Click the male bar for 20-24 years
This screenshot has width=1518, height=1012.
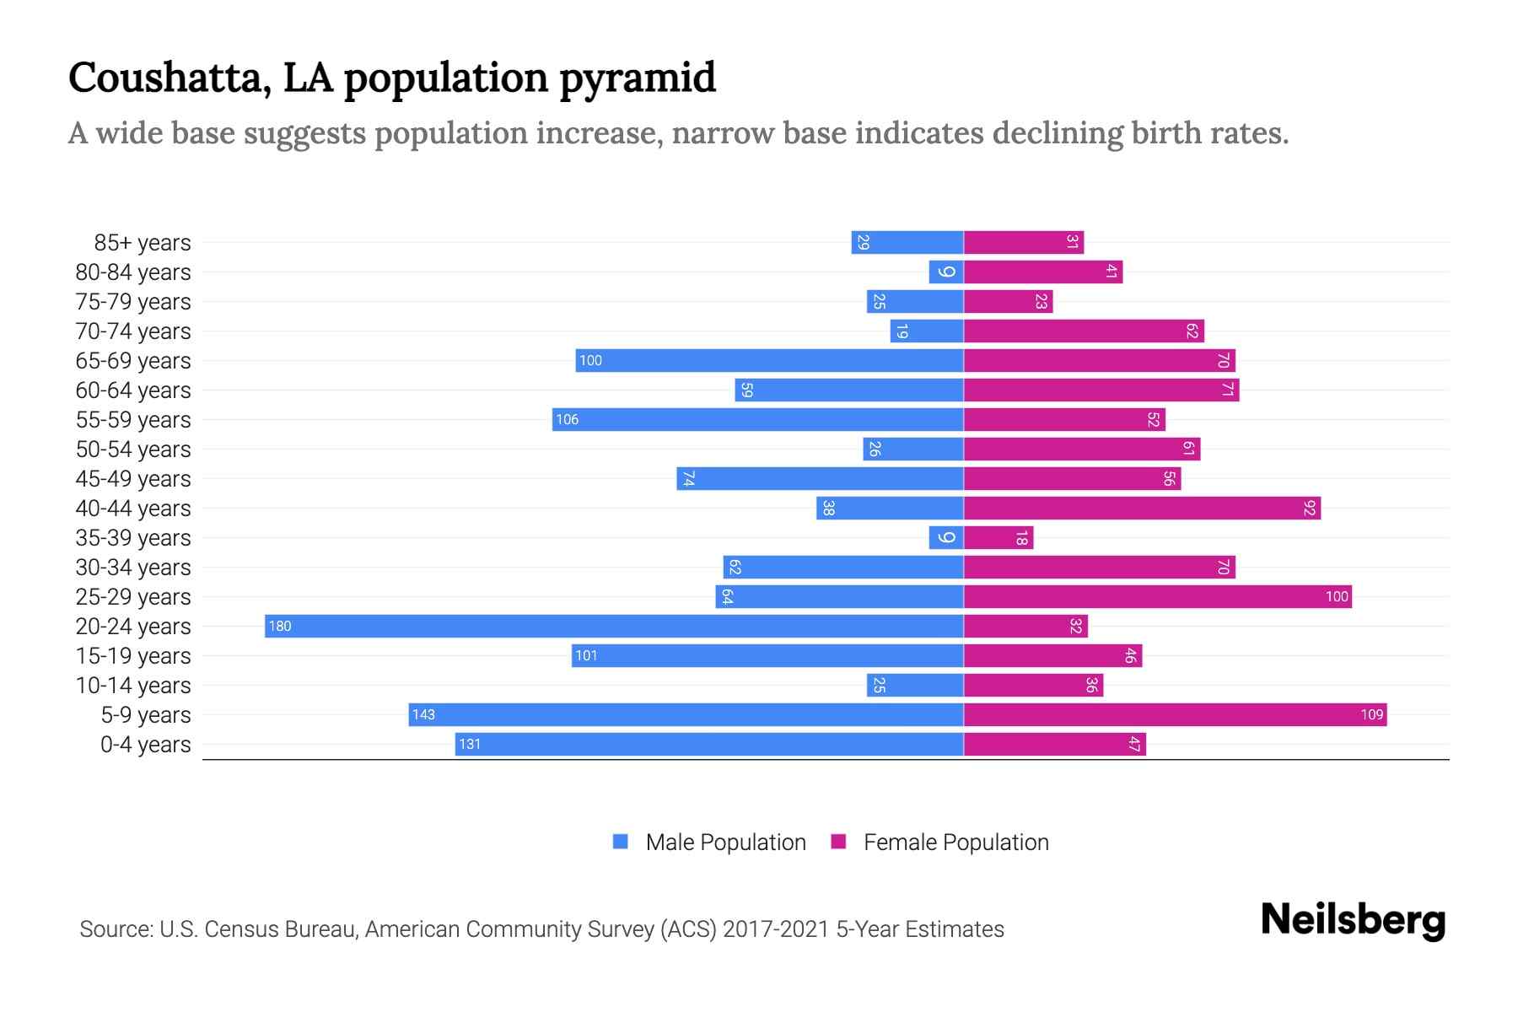614,626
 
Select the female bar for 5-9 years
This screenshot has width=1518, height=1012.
1175,714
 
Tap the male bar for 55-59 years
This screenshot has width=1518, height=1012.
757,419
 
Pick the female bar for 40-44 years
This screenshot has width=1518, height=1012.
1142,508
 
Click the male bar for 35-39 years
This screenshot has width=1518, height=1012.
946,537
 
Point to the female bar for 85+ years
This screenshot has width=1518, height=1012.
1023,242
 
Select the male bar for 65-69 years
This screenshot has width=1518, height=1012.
769,360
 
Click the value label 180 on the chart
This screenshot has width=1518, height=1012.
280,626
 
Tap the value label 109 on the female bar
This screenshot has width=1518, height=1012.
1371,714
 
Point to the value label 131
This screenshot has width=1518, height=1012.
470,744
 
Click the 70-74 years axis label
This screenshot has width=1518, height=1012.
133,331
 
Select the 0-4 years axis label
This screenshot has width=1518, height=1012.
145,744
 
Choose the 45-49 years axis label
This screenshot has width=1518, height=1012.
133,478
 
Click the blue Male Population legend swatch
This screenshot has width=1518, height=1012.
621,842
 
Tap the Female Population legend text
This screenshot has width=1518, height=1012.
955,842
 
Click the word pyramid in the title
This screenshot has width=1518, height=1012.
638,78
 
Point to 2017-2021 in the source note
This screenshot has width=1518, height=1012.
775,929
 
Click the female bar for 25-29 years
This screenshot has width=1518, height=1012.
1157,596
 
